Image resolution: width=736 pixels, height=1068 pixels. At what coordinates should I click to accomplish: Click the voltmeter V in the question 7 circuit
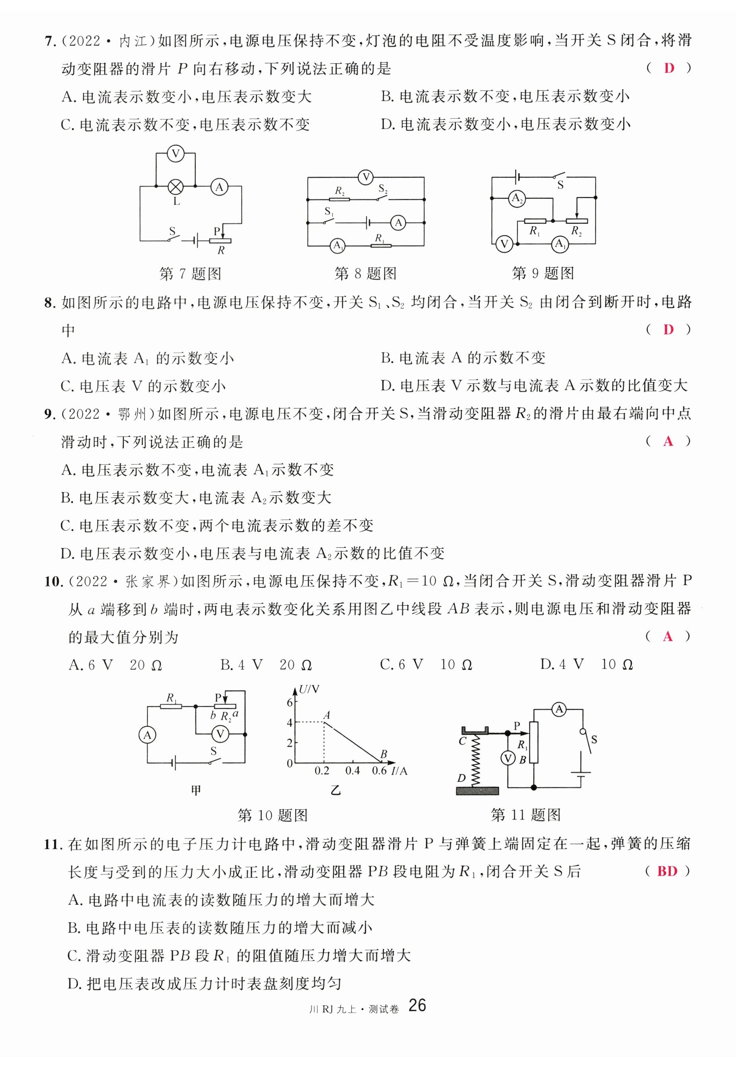pyautogui.click(x=175, y=154)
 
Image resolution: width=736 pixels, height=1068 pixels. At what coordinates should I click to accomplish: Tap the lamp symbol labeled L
pyautogui.click(x=175, y=187)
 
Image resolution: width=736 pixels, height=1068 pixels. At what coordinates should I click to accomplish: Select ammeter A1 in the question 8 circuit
pyautogui.click(x=338, y=245)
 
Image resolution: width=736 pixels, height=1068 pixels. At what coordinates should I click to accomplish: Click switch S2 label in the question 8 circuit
pyautogui.click(x=383, y=189)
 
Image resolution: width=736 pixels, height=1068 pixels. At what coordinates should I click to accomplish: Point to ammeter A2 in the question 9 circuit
pyautogui.click(x=516, y=198)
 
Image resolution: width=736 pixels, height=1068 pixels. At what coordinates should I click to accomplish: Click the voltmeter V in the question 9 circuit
pyautogui.click(x=504, y=244)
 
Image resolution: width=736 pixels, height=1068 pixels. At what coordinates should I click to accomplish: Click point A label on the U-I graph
pyautogui.click(x=327, y=715)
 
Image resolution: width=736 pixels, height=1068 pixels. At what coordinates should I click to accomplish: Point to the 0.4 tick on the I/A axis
pyautogui.click(x=352, y=770)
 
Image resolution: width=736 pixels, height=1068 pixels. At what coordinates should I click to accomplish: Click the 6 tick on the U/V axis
pyautogui.click(x=290, y=702)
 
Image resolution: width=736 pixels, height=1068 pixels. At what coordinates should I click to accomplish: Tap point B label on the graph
pyautogui.click(x=383, y=754)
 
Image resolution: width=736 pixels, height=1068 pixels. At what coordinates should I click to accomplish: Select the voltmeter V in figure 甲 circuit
pyautogui.click(x=220, y=734)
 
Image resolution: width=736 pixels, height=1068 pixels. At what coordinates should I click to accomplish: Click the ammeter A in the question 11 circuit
pyautogui.click(x=559, y=709)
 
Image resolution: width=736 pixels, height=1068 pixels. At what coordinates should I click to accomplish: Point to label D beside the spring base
pyautogui.click(x=461, y=778)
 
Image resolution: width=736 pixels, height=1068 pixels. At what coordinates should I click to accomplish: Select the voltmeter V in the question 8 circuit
pyautogui.click(x=366, y=177)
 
